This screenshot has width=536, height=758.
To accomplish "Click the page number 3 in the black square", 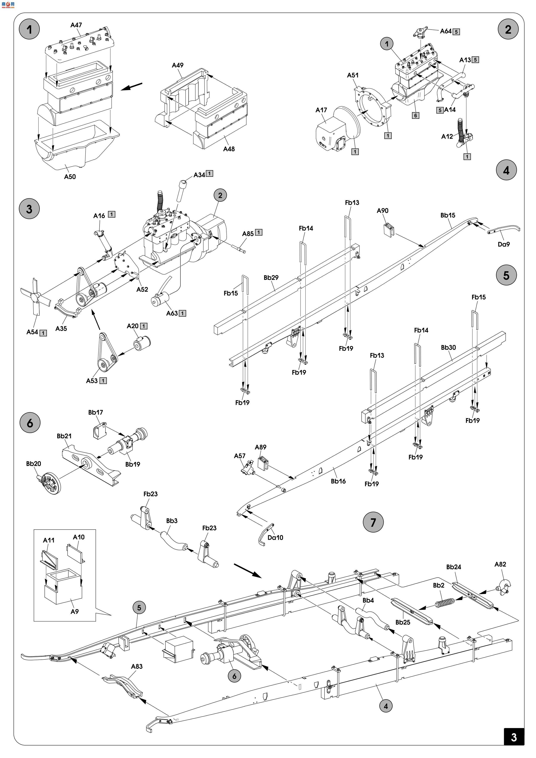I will coord(514,737).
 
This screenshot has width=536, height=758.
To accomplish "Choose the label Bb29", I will coord(271,278).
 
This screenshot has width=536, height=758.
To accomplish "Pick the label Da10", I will coord(275,537).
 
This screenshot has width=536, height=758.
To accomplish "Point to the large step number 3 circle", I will coord(29,209).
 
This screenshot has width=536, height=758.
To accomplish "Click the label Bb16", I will coord(338,481).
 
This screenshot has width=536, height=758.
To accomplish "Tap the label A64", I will coord(445,31).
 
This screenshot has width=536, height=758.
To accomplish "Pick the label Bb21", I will coord(64,436).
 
